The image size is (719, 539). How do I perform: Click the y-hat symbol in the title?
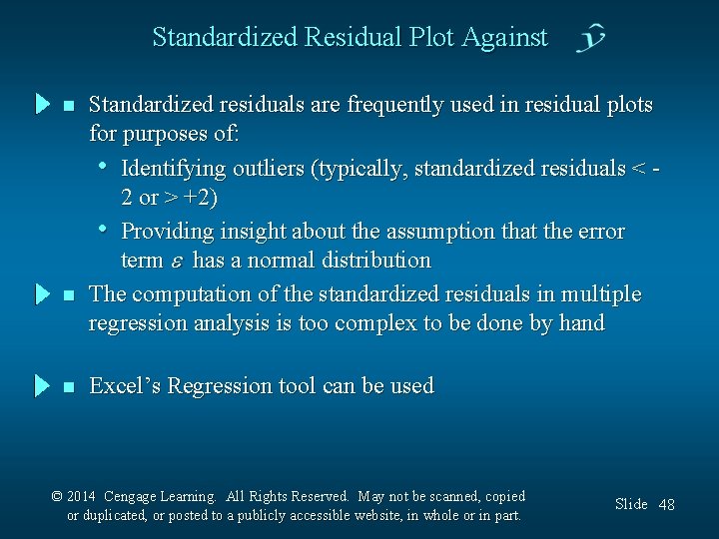pos(591,39)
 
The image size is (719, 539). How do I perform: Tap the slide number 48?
pos(666,505)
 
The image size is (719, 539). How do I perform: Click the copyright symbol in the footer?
pos(57,496)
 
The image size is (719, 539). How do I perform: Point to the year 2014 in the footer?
pos(83,496)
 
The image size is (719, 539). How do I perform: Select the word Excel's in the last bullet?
pos(125,386)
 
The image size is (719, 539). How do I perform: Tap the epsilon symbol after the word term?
pos(178,262)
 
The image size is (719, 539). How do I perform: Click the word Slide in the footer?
pos(631,504)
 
